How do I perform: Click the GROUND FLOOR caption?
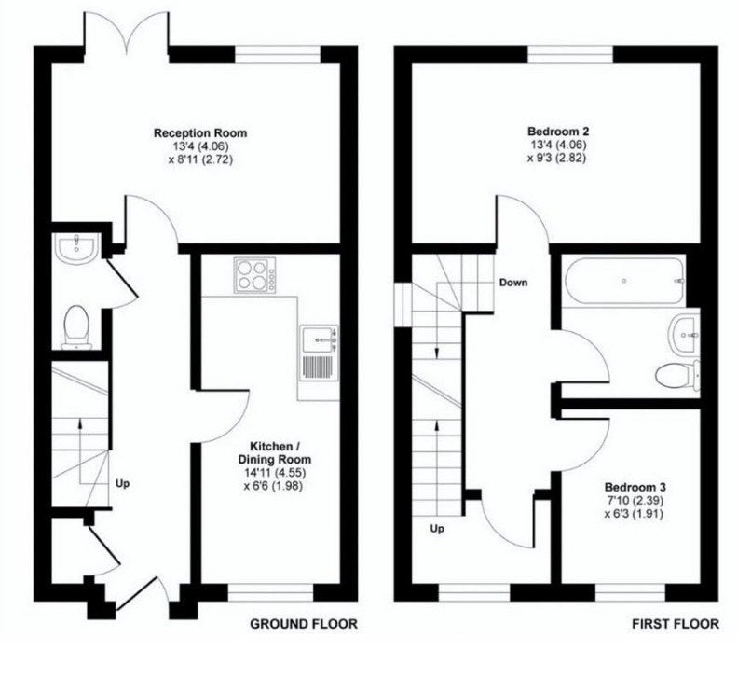click(304, 624)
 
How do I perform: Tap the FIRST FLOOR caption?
click(676, 624)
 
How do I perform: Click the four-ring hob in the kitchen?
click(253, 275)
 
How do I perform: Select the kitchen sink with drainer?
click(319, 353)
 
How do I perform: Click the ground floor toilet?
click(75, 327)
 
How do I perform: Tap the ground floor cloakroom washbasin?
click(76, 247)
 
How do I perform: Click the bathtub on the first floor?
click(624, 281)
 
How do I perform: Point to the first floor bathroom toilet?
click(678, 375)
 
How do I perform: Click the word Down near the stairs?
click(513, 283)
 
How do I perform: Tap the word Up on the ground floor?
click(122, 484)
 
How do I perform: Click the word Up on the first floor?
click(437, 529)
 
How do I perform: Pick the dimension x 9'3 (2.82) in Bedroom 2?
click(557, 158)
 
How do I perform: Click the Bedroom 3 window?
click(630, 593)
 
